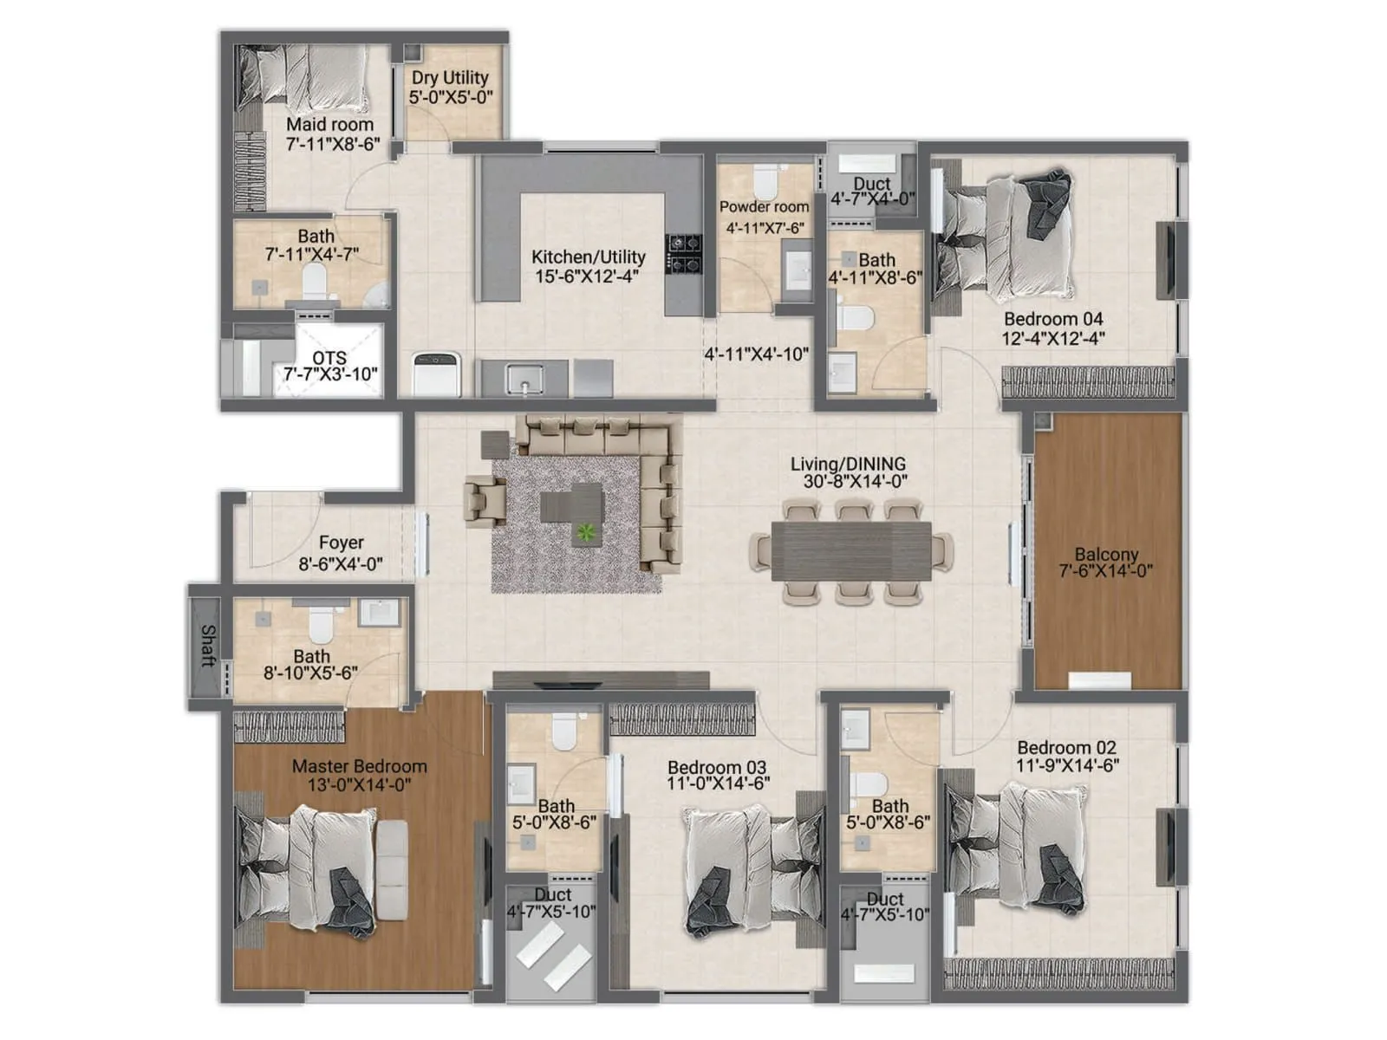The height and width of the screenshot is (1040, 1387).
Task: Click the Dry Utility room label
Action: (x=450, y=78)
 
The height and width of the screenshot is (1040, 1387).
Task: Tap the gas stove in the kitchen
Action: (x=684, y=253)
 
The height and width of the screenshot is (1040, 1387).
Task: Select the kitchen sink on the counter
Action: (x=524, y=378)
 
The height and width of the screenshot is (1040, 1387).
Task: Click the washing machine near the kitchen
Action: (x=436, y=374)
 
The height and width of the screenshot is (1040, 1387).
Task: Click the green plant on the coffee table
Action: (x=588, y=532)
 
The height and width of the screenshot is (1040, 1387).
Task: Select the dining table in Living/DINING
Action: (x=851, y=550)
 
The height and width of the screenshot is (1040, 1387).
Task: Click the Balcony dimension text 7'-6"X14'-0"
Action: (x=1106, y=571)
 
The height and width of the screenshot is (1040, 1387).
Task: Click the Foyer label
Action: (x=341, y=543)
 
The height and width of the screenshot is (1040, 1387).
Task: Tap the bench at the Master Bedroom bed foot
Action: (x=392, y=871)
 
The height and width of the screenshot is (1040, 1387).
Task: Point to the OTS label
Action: (x=329, y=357)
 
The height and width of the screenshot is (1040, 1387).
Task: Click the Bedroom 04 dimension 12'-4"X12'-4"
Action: (x=1053, y=338)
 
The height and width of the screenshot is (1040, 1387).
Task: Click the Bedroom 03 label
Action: (x=717, y=767)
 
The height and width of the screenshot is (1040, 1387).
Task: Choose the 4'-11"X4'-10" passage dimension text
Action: (x=756, y=354)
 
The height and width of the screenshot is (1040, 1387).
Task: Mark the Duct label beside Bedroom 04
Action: (x=872, y=184)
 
